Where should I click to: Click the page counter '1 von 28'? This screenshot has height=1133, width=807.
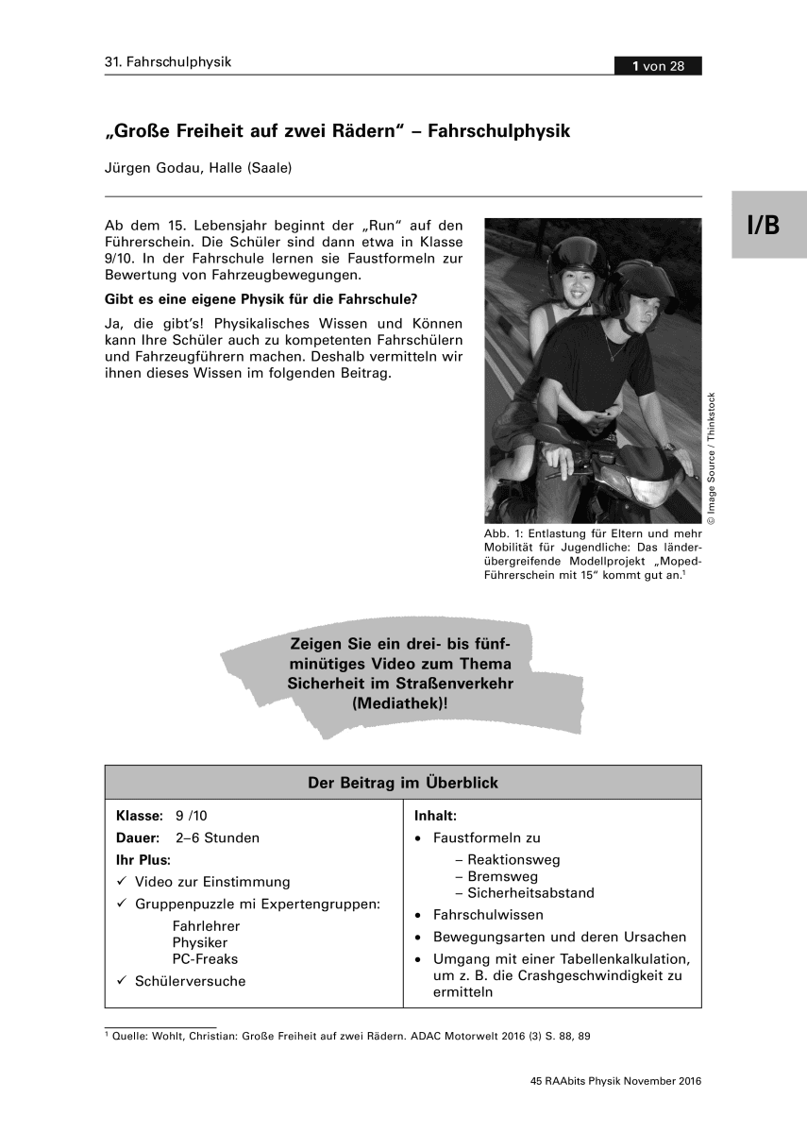coord(658,65)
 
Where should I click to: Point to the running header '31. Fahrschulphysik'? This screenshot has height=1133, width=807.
coord(168,63)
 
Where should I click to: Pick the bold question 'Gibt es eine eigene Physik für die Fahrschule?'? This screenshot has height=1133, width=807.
coord(261,300)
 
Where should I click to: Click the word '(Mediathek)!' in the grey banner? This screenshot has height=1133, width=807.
coord(397,703)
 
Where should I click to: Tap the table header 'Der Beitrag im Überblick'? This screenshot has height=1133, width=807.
coord(403,783)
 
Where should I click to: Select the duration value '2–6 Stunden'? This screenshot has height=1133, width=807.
coord(217,837)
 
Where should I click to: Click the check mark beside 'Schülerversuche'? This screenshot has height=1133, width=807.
coord(122,981)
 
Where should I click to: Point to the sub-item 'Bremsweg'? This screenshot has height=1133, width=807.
coord(496,876)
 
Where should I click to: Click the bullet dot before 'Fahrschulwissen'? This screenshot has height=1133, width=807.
coord(417,915)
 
